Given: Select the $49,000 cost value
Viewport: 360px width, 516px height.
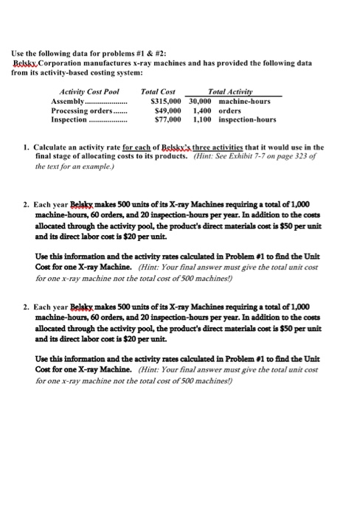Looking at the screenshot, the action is [168, 110].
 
